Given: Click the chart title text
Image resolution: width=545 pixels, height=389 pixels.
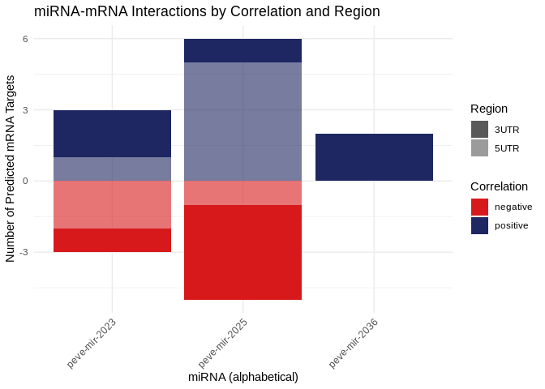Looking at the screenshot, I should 207,11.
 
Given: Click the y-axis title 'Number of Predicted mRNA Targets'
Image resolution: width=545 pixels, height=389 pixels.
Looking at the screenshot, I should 11,169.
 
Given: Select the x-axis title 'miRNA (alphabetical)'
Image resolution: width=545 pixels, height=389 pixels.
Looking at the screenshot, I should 243,377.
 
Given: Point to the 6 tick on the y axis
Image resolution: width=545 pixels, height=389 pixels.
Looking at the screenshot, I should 25,39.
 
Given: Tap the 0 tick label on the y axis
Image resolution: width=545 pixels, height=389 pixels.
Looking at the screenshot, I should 25,181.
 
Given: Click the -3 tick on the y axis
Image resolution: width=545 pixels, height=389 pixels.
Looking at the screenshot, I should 24,252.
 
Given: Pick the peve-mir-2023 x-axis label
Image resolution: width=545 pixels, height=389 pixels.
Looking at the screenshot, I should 92,343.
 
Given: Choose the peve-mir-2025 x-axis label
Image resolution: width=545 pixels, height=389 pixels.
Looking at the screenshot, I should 223,343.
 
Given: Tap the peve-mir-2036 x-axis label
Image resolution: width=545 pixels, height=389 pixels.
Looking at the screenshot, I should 354,343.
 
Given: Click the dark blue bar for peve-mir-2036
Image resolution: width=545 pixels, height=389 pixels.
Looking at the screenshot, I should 374,157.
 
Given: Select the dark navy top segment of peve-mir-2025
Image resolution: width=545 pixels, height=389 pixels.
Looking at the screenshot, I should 243,50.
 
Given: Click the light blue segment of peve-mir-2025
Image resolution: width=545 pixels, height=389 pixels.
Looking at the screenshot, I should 243,122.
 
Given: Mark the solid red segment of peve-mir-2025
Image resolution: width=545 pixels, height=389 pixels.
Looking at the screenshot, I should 243,252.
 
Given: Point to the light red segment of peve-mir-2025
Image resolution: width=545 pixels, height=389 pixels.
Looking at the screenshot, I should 243,193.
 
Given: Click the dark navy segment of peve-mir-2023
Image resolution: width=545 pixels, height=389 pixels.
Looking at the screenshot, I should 112,134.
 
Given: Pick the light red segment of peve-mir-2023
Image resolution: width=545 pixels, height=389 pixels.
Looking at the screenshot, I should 112,204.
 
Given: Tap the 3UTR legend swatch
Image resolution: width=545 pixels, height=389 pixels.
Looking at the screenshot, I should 479,130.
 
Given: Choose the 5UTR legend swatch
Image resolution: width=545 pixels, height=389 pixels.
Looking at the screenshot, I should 479,147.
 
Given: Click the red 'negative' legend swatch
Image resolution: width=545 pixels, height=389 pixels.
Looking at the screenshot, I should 479,207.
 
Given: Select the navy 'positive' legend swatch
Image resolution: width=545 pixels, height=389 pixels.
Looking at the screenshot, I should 479,225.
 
